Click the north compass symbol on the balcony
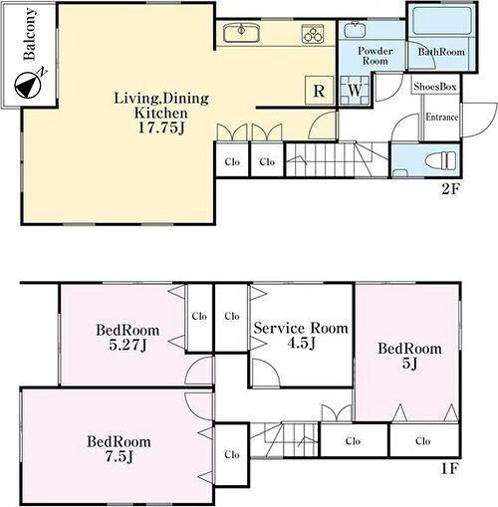click(x=29, y=84)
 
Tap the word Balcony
click(x=29, y=34)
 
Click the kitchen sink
click(x=241, y=33)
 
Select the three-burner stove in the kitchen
click(x=313, y=34)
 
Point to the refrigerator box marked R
click(x=319, y=91)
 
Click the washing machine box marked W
click(x=355, y=91)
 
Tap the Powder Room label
click(x=375, y=56)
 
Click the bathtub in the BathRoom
click(x=442, y=21)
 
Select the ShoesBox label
click(x=435, y=87)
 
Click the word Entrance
click(x=442, y=117)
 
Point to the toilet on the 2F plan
click(x=440, y=160)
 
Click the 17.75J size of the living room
click(x=161, y=127)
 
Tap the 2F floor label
click(x=450, y=189)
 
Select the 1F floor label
click(x=450, y=468)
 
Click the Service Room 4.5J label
click(x=301, y=336)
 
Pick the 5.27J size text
click(x=127, y=345)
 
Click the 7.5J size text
click(x=120, y=456)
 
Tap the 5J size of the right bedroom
click(x=410, y=364)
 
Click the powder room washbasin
click(x=355, y=29)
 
